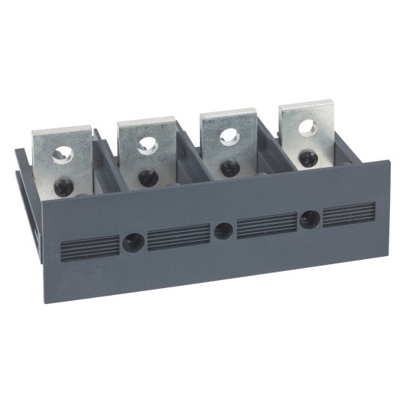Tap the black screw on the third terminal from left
click(x=222, y=166)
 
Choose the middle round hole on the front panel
click(x=222, y=230)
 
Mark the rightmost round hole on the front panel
click(x=308, y=219)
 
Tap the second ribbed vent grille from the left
click(x=178, y=236)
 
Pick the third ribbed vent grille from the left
click(x=266, y=225)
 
